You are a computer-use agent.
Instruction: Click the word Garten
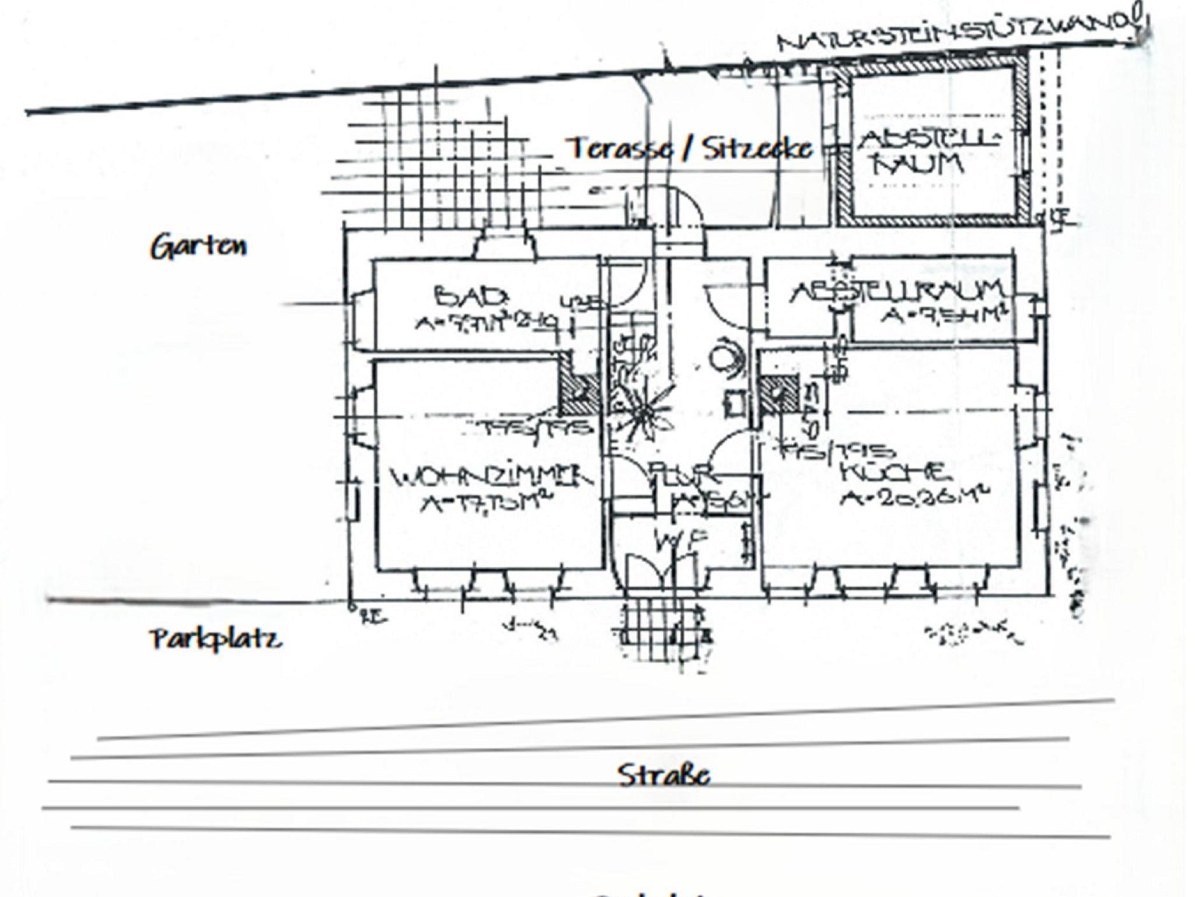[x=199, y=247]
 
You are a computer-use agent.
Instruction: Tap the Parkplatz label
[x=216, y=639]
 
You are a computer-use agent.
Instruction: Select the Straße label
[x=663, y=776]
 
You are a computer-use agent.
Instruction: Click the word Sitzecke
[x=757, y=149]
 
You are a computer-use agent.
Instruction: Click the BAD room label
[x=470, y=297]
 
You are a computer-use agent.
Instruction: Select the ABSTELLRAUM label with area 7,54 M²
[x=896, y=292]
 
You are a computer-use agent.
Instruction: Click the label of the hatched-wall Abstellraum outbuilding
[x=928, y=152]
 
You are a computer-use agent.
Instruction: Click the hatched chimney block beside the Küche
[x=778, y=394]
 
